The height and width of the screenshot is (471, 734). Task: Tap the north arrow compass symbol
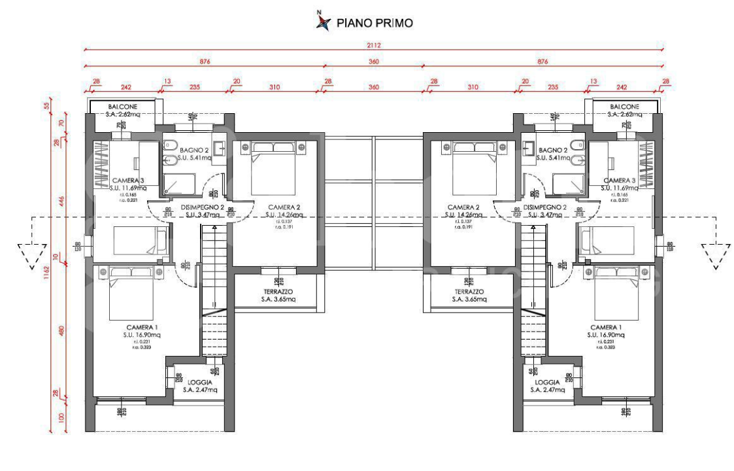[x=321, y=22]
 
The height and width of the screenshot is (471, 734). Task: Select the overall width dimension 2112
[x=374, y=46]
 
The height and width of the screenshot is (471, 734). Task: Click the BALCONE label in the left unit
[x=122, y=107]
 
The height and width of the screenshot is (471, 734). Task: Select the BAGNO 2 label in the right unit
[x=553, y=150]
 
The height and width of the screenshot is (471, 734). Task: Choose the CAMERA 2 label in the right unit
[x=464, y=207]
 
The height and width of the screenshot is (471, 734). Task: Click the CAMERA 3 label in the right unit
[x=619, y=180]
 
